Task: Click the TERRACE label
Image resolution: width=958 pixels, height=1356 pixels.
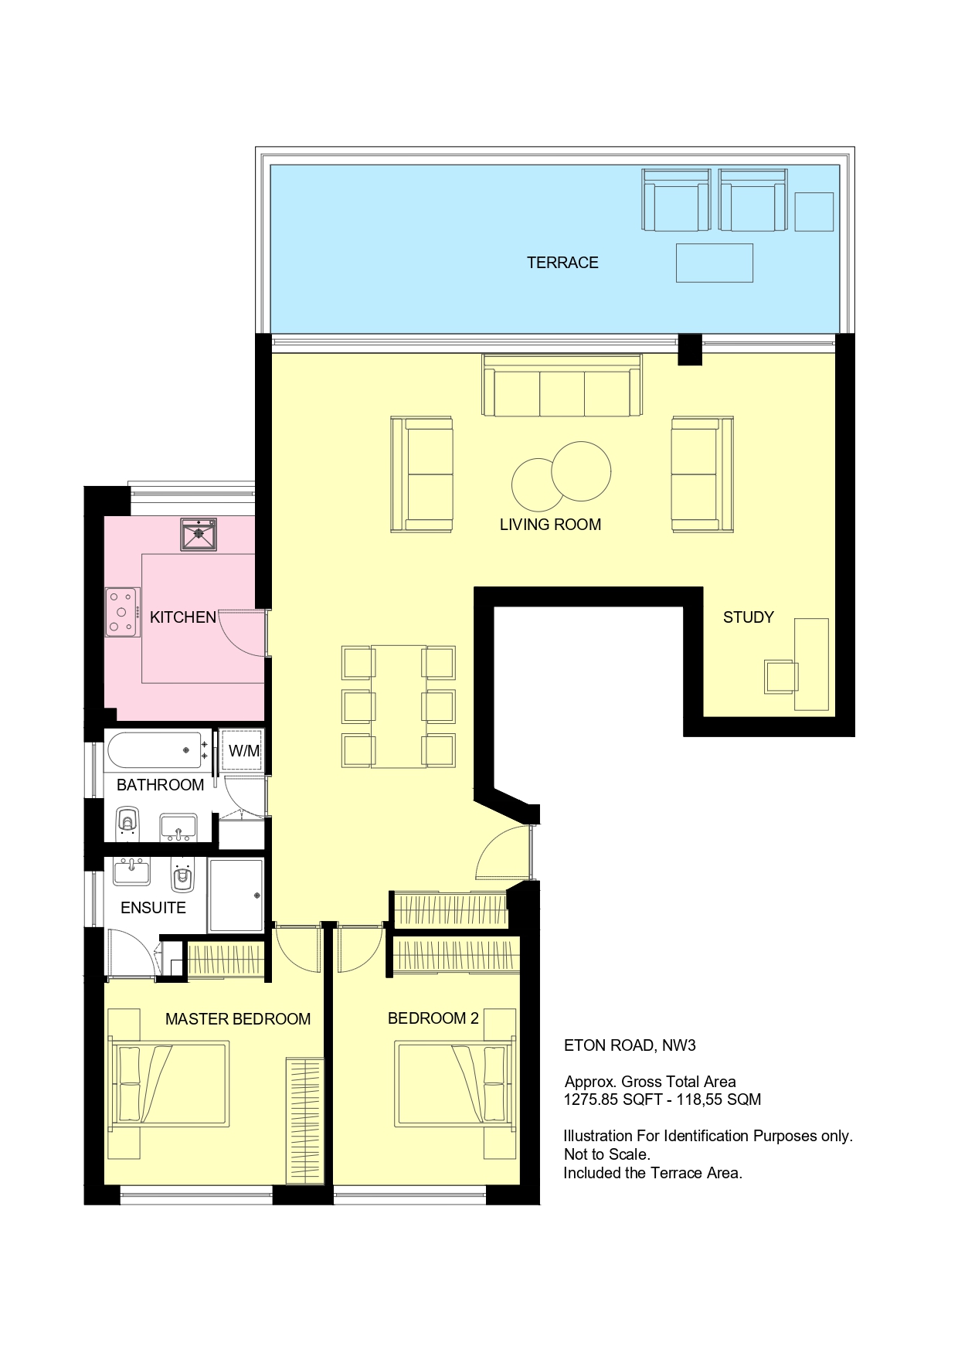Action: pos(562,263)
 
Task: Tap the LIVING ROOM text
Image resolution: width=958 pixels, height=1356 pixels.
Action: pos(550,525)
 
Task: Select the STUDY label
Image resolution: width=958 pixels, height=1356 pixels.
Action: pos(748,617)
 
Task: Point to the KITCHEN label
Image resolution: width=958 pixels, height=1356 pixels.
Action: pos(183,617)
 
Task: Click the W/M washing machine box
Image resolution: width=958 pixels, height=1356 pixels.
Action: pos(243,750)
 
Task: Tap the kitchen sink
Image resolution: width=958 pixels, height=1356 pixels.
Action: pos(199,534)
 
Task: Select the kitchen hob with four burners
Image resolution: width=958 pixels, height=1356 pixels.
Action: pos(123,612)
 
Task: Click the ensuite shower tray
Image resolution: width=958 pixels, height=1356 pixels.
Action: pos(236,895)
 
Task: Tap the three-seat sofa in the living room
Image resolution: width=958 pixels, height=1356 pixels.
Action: pos(562,386)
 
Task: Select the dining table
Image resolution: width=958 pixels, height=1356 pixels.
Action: pos(399,706)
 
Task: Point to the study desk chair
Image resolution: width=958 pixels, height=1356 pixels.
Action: pos(780,677)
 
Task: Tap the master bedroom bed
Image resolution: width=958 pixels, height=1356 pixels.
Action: pos(172,1082)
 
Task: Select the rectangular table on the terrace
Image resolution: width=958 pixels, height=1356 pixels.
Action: pos(715,263)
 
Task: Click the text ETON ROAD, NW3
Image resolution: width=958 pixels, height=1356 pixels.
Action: pos(630,1045)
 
